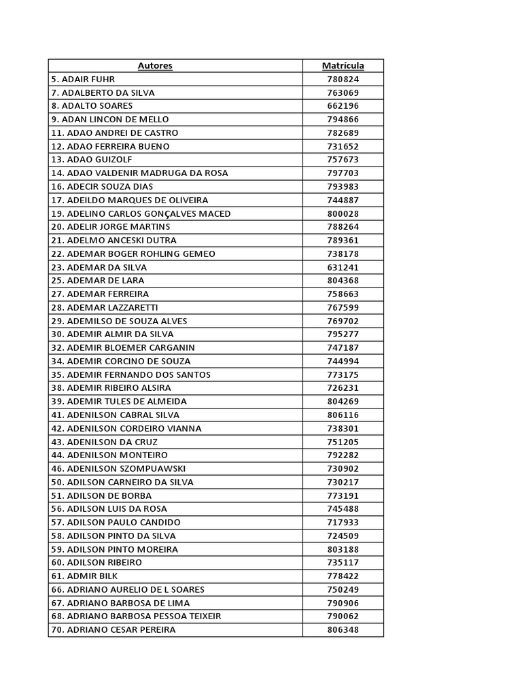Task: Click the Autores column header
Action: [x=155, y=66]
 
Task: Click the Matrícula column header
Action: [x=343, y=66]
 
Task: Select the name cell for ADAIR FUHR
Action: [x=83, y=80]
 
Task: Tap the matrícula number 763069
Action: [x=343, y=92]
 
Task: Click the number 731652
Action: [x=343, y=146]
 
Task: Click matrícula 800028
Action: [x=343, y=213]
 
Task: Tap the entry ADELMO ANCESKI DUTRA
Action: [x=114, y=240]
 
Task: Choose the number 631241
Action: [x=343, y=267]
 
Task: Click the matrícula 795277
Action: [x=343, y=334]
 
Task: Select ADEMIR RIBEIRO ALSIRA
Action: [x=111, y=388]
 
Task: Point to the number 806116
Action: [x=343, y=415]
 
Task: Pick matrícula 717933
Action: [x=343, y=522]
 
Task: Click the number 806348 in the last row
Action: [x=343, y=629]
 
